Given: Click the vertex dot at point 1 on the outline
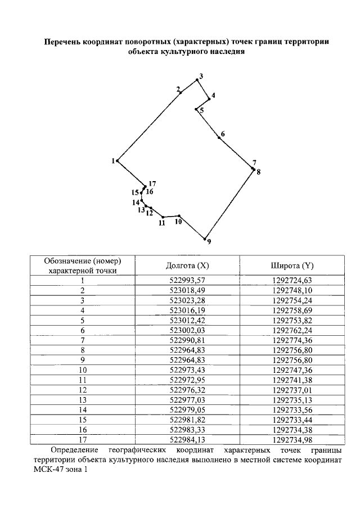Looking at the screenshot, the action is point(118,161).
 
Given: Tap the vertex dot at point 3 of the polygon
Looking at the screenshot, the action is point(197,80).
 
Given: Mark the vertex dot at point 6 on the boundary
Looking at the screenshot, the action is point(219,138).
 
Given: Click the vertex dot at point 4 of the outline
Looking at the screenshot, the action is point(209,99).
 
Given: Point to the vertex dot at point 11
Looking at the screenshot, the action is point(163,217).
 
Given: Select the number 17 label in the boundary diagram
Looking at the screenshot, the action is point(152,184).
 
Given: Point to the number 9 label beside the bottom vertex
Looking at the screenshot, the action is point(209,241).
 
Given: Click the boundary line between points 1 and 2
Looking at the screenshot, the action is point(149,127).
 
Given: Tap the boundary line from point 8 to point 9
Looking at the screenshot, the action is point(229,204).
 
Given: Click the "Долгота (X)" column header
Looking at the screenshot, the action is point(187,265).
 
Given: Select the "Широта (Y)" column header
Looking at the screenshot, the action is point(292,265).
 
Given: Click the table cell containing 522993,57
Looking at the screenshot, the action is point(187,281).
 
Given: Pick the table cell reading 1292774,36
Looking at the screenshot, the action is point(292,340).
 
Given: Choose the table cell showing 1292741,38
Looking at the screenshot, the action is point(292,380).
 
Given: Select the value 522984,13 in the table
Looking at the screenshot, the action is point(187,439).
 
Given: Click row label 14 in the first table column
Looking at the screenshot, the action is point(83,409).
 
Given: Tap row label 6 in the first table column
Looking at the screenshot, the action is point(83,331).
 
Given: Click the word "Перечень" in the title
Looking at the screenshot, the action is point(62,42).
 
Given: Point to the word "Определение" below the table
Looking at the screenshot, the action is point(74,451).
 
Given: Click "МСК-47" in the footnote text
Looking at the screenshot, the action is point(48,470).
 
